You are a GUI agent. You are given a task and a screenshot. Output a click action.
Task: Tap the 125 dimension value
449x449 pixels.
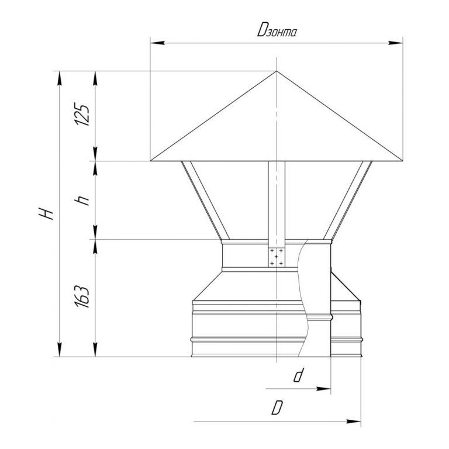coord(82,115)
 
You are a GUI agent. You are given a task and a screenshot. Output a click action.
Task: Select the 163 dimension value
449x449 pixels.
coord(82,296)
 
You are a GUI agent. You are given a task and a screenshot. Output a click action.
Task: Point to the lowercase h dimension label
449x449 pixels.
coord(82,200)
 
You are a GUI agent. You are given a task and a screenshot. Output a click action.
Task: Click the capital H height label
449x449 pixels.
coord(47,213)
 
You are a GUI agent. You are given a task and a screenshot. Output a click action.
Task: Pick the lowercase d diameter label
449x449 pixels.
coord(298,375)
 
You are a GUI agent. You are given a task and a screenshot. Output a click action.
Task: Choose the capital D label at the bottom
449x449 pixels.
coord(277,407)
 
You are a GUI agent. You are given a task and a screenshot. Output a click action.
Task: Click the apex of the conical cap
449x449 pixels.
coord(277,71)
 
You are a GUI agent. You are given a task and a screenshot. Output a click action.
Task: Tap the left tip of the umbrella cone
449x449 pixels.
coord(151,161)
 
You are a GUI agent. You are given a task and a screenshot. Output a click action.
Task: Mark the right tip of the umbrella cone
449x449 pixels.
coord(402,161)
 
